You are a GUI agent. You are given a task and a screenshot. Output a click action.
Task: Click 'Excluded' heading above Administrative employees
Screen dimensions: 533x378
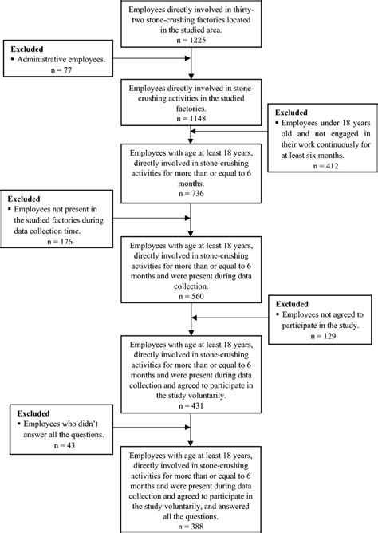point(24,49)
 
